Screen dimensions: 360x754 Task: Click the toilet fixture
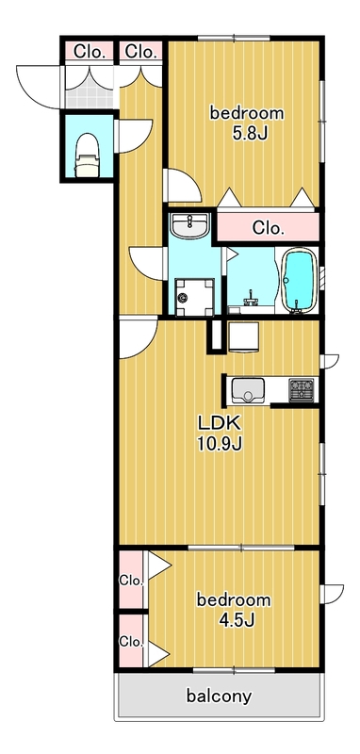[87, 156]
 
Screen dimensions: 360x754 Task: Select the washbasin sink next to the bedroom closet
[190, 225]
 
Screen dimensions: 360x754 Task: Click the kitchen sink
[248, 389]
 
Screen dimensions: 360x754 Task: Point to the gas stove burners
[302, 389]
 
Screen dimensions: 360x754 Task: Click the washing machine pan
[194, 297]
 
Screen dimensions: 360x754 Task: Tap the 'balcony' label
[219, 696]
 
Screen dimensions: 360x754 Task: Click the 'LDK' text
[220, 422]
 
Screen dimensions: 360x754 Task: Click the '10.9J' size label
[220, 444]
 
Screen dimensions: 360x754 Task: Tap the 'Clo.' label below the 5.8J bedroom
[269, 228]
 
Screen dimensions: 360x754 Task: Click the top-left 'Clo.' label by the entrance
[90, 52]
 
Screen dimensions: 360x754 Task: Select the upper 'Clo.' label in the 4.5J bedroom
[131, 581]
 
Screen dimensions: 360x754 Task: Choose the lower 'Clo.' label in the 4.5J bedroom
[131, 641]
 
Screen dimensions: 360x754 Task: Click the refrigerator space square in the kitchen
[243, 336]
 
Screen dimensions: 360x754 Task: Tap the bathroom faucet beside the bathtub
[251, 299]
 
